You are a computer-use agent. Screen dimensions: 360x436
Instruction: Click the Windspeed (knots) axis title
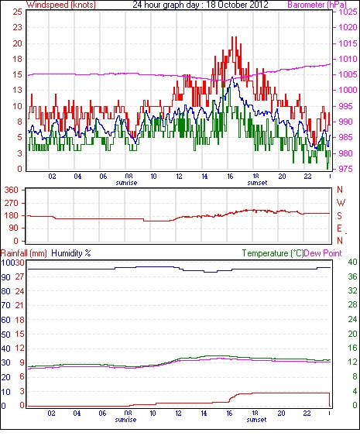coord(61,5)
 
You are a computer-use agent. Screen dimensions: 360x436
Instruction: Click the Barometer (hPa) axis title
coord(317,5)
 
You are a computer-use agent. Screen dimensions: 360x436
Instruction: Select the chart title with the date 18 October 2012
coord(201,5)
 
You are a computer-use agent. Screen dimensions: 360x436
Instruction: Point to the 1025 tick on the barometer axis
coord(348,12)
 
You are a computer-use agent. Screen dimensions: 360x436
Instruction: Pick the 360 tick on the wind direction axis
coord(12,191)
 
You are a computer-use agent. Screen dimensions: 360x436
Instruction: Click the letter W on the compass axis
coord(341,203)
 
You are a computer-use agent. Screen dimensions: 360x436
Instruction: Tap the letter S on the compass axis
coord(339,215)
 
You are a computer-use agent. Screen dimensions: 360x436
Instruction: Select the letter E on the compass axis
coord(339,228)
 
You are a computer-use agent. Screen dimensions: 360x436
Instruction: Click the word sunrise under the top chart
coord(126,183)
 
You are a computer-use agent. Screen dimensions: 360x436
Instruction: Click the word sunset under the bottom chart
coord(256,419)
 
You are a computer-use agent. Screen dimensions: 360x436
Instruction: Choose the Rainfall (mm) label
coord(24,253)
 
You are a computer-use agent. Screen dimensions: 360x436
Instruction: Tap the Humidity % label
coord(71,253)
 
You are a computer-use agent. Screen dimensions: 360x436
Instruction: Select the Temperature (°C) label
coord(273,253)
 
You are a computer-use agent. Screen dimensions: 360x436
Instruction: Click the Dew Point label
coord(323,253)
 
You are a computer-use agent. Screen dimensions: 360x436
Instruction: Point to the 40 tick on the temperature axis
coord(353,262)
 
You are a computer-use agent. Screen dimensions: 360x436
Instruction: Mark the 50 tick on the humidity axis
coord(5,335)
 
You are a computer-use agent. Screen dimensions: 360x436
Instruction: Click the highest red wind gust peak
coord(234,37)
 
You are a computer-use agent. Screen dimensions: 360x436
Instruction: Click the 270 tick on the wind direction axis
coord(12,203)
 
